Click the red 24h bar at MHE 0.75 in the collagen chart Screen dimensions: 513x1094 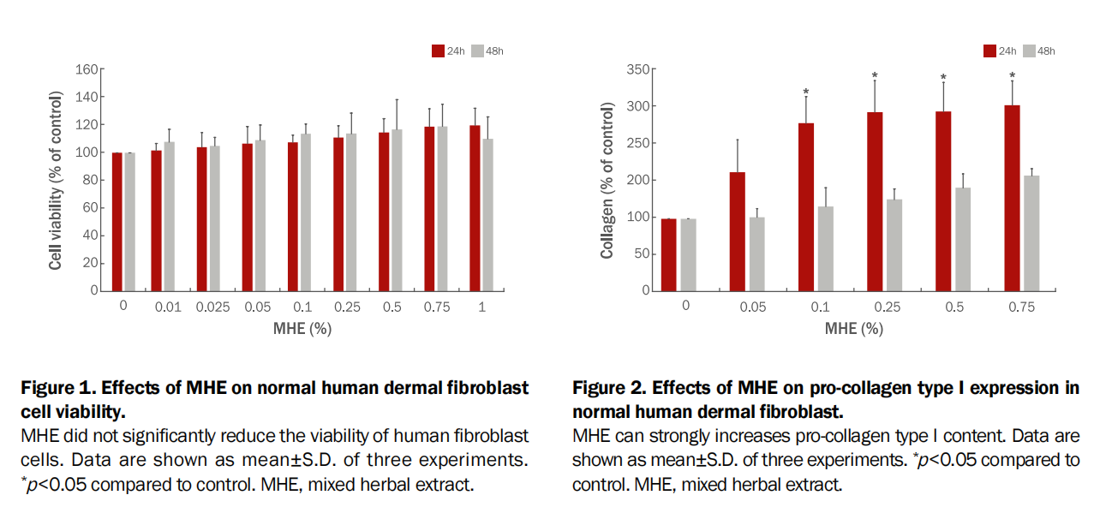pyautogui.click(x=1012, y=198)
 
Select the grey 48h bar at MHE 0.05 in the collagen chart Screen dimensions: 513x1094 pyautogui.click(x=756, y=254)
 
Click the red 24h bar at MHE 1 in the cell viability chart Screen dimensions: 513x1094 pyautogui.click(x=475, y=208)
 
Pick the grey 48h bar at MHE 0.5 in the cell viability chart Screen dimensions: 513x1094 pyautogui.click(x=397, y=210)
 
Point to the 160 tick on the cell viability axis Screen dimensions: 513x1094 pyautogui.click(x=87, y=69)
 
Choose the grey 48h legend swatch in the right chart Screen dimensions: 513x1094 pyautogui.click(x=1029, y=51)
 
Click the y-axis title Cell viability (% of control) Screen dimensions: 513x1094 pyautogui.click(x=56, y=180)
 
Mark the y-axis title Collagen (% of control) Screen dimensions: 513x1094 pyautogui.click(x=607, y=180)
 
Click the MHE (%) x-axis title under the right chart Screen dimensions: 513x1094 pyautogui.click(x=854, y=328)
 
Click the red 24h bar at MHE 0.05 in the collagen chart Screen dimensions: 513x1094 pyautogui.click(x=737, y=231)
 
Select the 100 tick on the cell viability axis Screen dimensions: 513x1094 pyautogui.click(x=87, y=152)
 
